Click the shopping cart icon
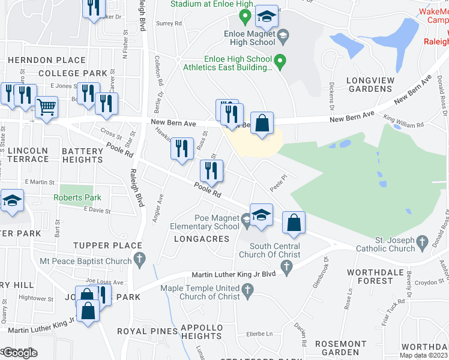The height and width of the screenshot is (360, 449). [x=46, y=107]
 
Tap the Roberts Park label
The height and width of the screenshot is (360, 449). [x=77, y=197]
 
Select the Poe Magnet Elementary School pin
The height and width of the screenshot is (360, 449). [x=247, y=221]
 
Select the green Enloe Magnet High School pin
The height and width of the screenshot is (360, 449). [x=285, y=39]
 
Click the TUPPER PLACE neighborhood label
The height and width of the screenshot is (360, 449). [x=108, y=245]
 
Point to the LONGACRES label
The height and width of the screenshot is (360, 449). [x=202, y=239]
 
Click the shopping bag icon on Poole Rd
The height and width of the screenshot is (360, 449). [x=293, y=223]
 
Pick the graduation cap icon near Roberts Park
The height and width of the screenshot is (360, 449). [x=11, y=202]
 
